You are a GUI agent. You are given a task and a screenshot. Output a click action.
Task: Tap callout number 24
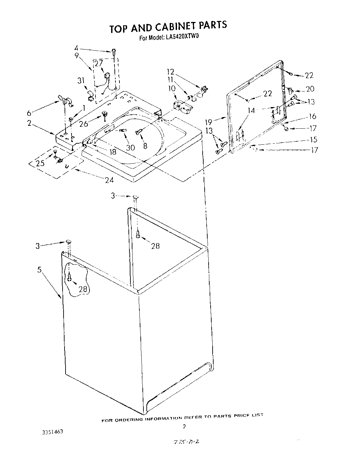tap(109, 180)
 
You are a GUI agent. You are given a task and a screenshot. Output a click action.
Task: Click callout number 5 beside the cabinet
tap(39, 270)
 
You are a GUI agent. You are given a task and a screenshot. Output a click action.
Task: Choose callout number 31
tap(81, 81)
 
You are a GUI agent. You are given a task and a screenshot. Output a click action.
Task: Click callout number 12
tap(170, 72)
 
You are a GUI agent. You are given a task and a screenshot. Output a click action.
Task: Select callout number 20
tap(310, 89)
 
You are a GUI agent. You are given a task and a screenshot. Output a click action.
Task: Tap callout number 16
tap(312, 116)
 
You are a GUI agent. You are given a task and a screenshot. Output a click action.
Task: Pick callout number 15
tap(313, 140)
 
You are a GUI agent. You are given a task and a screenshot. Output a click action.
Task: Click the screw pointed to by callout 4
tap(114, 51)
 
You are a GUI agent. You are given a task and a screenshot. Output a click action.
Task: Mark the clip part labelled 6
tap(65, 100)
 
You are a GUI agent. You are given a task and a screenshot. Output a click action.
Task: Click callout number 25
tap(40, 163)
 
